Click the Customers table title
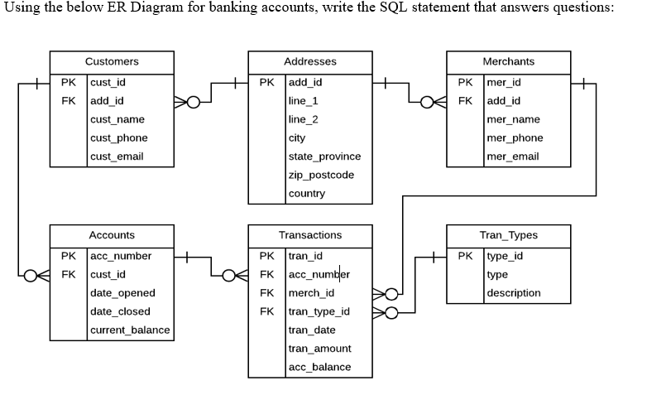[112, 61]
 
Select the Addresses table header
[309, 61]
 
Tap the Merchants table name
[508, 61]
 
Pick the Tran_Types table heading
[508, 235]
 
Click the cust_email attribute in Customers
[117, 157]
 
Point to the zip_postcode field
[321, 175]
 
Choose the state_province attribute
[324, 157]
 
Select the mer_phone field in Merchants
[515, 137]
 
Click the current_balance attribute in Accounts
[130, 330]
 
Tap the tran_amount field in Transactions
[319, 349]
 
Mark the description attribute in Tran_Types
[514, 292]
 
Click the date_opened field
[122, 292]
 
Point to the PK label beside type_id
[467, 255]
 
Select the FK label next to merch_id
[267, 292]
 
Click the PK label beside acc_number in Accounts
[69, 255]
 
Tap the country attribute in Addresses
[306, 194]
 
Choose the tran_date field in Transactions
[312, 330]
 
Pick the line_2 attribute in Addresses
[303, 119]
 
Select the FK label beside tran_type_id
[267, 311]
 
